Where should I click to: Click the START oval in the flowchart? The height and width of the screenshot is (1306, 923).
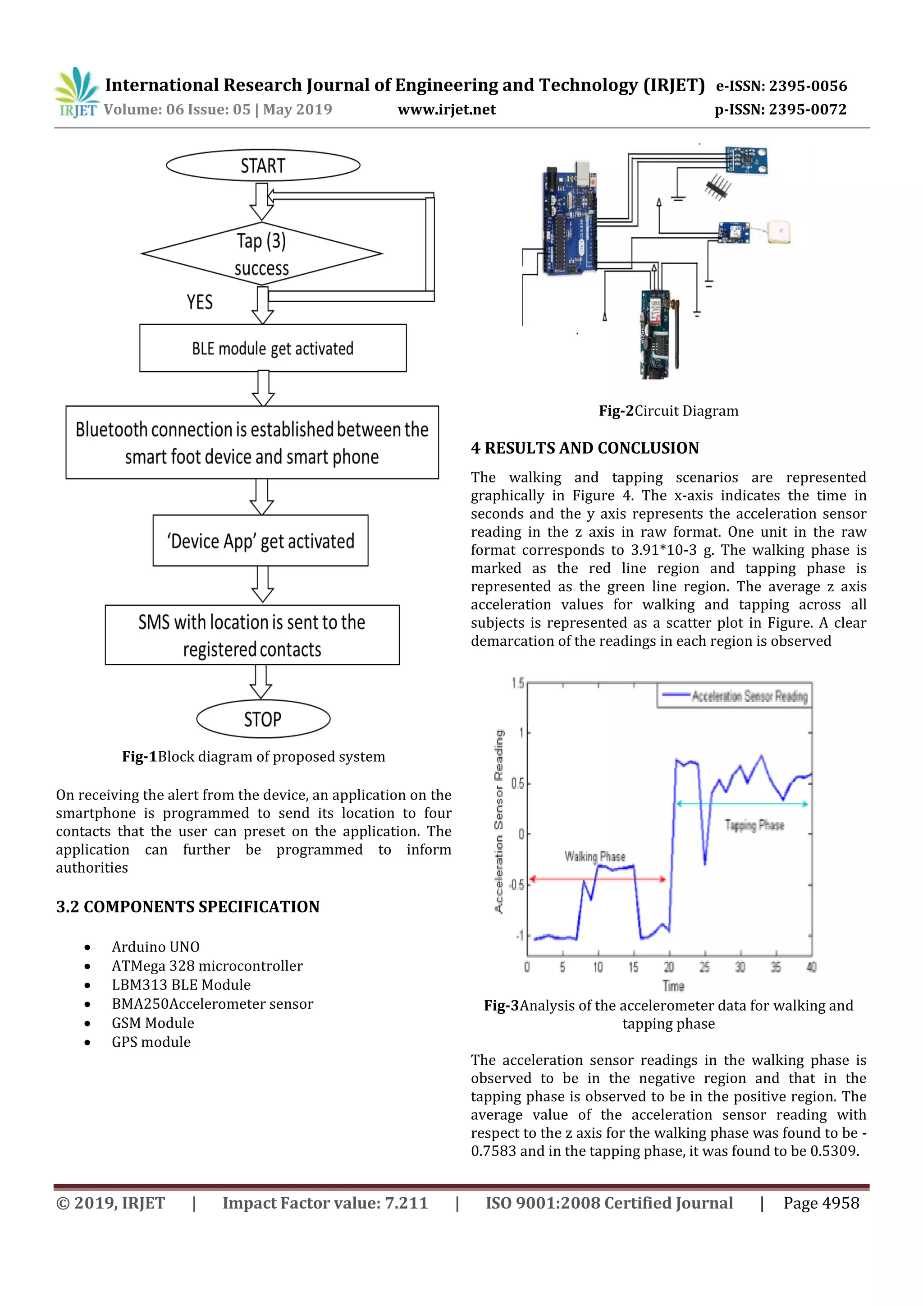(x=263, y=166)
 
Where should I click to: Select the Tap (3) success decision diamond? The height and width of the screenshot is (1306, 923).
(x=261, y=254)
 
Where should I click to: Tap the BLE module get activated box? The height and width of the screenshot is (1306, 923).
(x=273, y=348)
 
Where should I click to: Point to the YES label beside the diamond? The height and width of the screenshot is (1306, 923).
(x=200, y=302)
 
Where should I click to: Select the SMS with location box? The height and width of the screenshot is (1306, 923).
(x=252, y=635)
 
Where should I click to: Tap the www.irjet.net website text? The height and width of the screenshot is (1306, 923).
(x=446, y=109)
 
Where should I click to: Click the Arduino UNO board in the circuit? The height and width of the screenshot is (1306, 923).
(x=568, y=219)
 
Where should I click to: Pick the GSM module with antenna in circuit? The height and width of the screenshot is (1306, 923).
(x=659, y=333)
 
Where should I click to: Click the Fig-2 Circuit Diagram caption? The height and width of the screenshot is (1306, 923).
(x=668, y=411)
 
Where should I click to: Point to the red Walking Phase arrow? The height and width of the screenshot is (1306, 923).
(x=597, y=879)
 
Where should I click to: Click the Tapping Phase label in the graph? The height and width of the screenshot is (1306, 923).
(x=754, y=825)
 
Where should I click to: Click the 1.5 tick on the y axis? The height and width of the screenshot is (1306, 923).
(x=517, y=683)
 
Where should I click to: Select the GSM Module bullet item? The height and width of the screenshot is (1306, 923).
(x=152, y=1023)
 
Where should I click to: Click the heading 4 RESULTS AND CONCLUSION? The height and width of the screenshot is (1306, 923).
(x=585, y=448)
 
